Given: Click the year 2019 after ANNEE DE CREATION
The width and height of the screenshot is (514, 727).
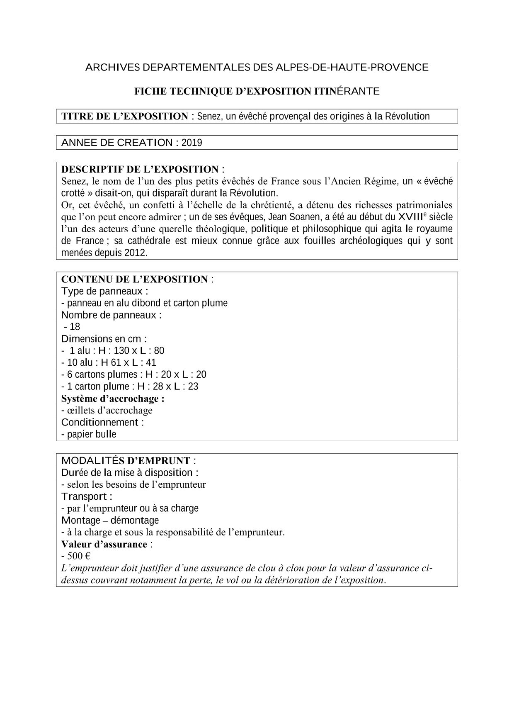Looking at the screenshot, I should [x=192, y=143].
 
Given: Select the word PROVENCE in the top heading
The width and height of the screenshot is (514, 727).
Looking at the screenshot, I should [x=400, y=67].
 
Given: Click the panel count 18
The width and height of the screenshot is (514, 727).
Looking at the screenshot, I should [x=75, y=327].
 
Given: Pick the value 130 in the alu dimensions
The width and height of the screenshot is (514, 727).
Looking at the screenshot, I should [x=121, y=350].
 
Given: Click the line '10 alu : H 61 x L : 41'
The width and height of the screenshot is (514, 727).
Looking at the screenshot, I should [x=109, y=362].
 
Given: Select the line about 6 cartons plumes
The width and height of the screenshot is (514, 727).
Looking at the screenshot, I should [x=133, y=374].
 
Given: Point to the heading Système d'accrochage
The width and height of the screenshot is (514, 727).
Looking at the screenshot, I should [x=113, y=399].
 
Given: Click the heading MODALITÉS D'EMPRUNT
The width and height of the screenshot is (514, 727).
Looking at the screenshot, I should [x=126, y=461].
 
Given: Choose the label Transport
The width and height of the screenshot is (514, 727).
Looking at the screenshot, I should [x=84, y=496].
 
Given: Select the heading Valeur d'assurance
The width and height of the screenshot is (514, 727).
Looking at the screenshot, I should [x=104, y=544].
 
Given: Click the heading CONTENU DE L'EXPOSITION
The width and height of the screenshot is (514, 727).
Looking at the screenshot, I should [x=134, y=279].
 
